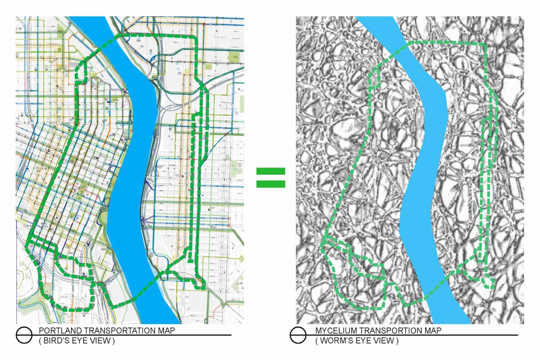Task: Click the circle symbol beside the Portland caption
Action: pos(24,335)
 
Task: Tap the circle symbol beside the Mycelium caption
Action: pos(298,335)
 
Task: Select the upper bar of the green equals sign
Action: pos(271,171)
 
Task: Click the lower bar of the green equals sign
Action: pos(271,184)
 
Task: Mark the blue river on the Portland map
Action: pos(132,169)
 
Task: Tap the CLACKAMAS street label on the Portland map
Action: pos(220,37)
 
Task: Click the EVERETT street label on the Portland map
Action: pos(226,109)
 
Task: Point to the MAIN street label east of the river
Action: pos(222,210)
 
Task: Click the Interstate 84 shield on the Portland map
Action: pos(214,87)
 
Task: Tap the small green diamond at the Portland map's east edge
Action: pos(241,258)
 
